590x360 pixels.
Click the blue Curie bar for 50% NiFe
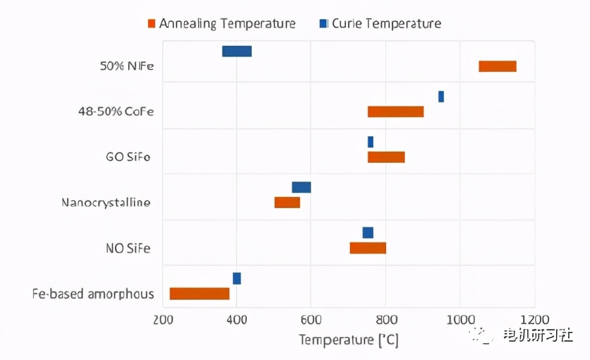click(x=236, y=51)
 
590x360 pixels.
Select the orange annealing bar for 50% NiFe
click(x=498, y=66)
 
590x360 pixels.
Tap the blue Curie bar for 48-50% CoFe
click(x=441, y=97)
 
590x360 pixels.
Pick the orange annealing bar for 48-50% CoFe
click(x=396, y=112)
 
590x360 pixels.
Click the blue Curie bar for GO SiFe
click(x=371, y=142)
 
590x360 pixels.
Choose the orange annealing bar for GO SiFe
click(x=386, y=157)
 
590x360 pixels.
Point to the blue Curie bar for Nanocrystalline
click(x=301, y=187)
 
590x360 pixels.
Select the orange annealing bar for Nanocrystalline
click(x=287, y=203)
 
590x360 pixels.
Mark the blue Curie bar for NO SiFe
click(x=368, y=233)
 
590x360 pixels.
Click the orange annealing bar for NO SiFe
click(x=368, y=248)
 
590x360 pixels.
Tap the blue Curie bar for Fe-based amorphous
click(x=236, y=278)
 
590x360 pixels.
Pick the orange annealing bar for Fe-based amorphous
click(x=200, y=294)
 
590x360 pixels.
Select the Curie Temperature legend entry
click(x=380, y=23)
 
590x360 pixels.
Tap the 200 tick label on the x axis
click(x=163, y=320)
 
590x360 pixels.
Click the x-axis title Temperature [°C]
click(x=349, y=340)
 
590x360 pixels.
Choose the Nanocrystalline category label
click(x=106, y=203)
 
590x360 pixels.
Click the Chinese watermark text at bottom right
click(x=537, y=335)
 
